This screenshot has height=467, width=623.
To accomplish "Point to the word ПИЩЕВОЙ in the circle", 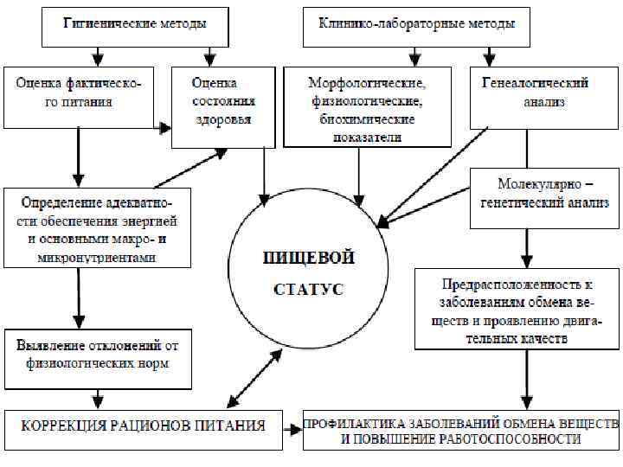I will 309,257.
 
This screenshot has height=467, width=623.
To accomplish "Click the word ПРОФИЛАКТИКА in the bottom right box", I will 352,424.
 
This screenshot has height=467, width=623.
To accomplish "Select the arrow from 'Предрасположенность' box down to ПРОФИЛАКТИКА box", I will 525,377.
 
